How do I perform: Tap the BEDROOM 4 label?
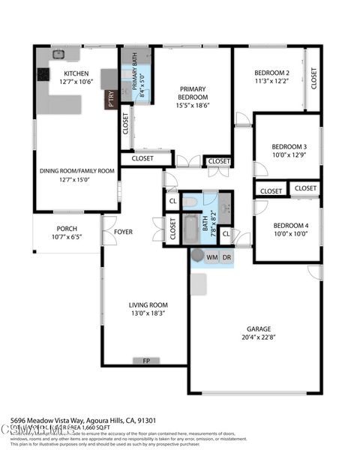tap(289, 226)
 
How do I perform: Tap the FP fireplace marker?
tap(146, 361)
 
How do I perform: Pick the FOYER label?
tap(123, 232)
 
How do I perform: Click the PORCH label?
tap(67, 229)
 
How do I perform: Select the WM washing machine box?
tap(211, 257)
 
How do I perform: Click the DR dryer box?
tap(226, 257)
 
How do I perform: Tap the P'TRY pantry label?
tap(111, 98)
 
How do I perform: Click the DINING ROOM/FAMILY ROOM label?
tap(77, 171)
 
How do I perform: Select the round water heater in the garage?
tap(197, 256)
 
